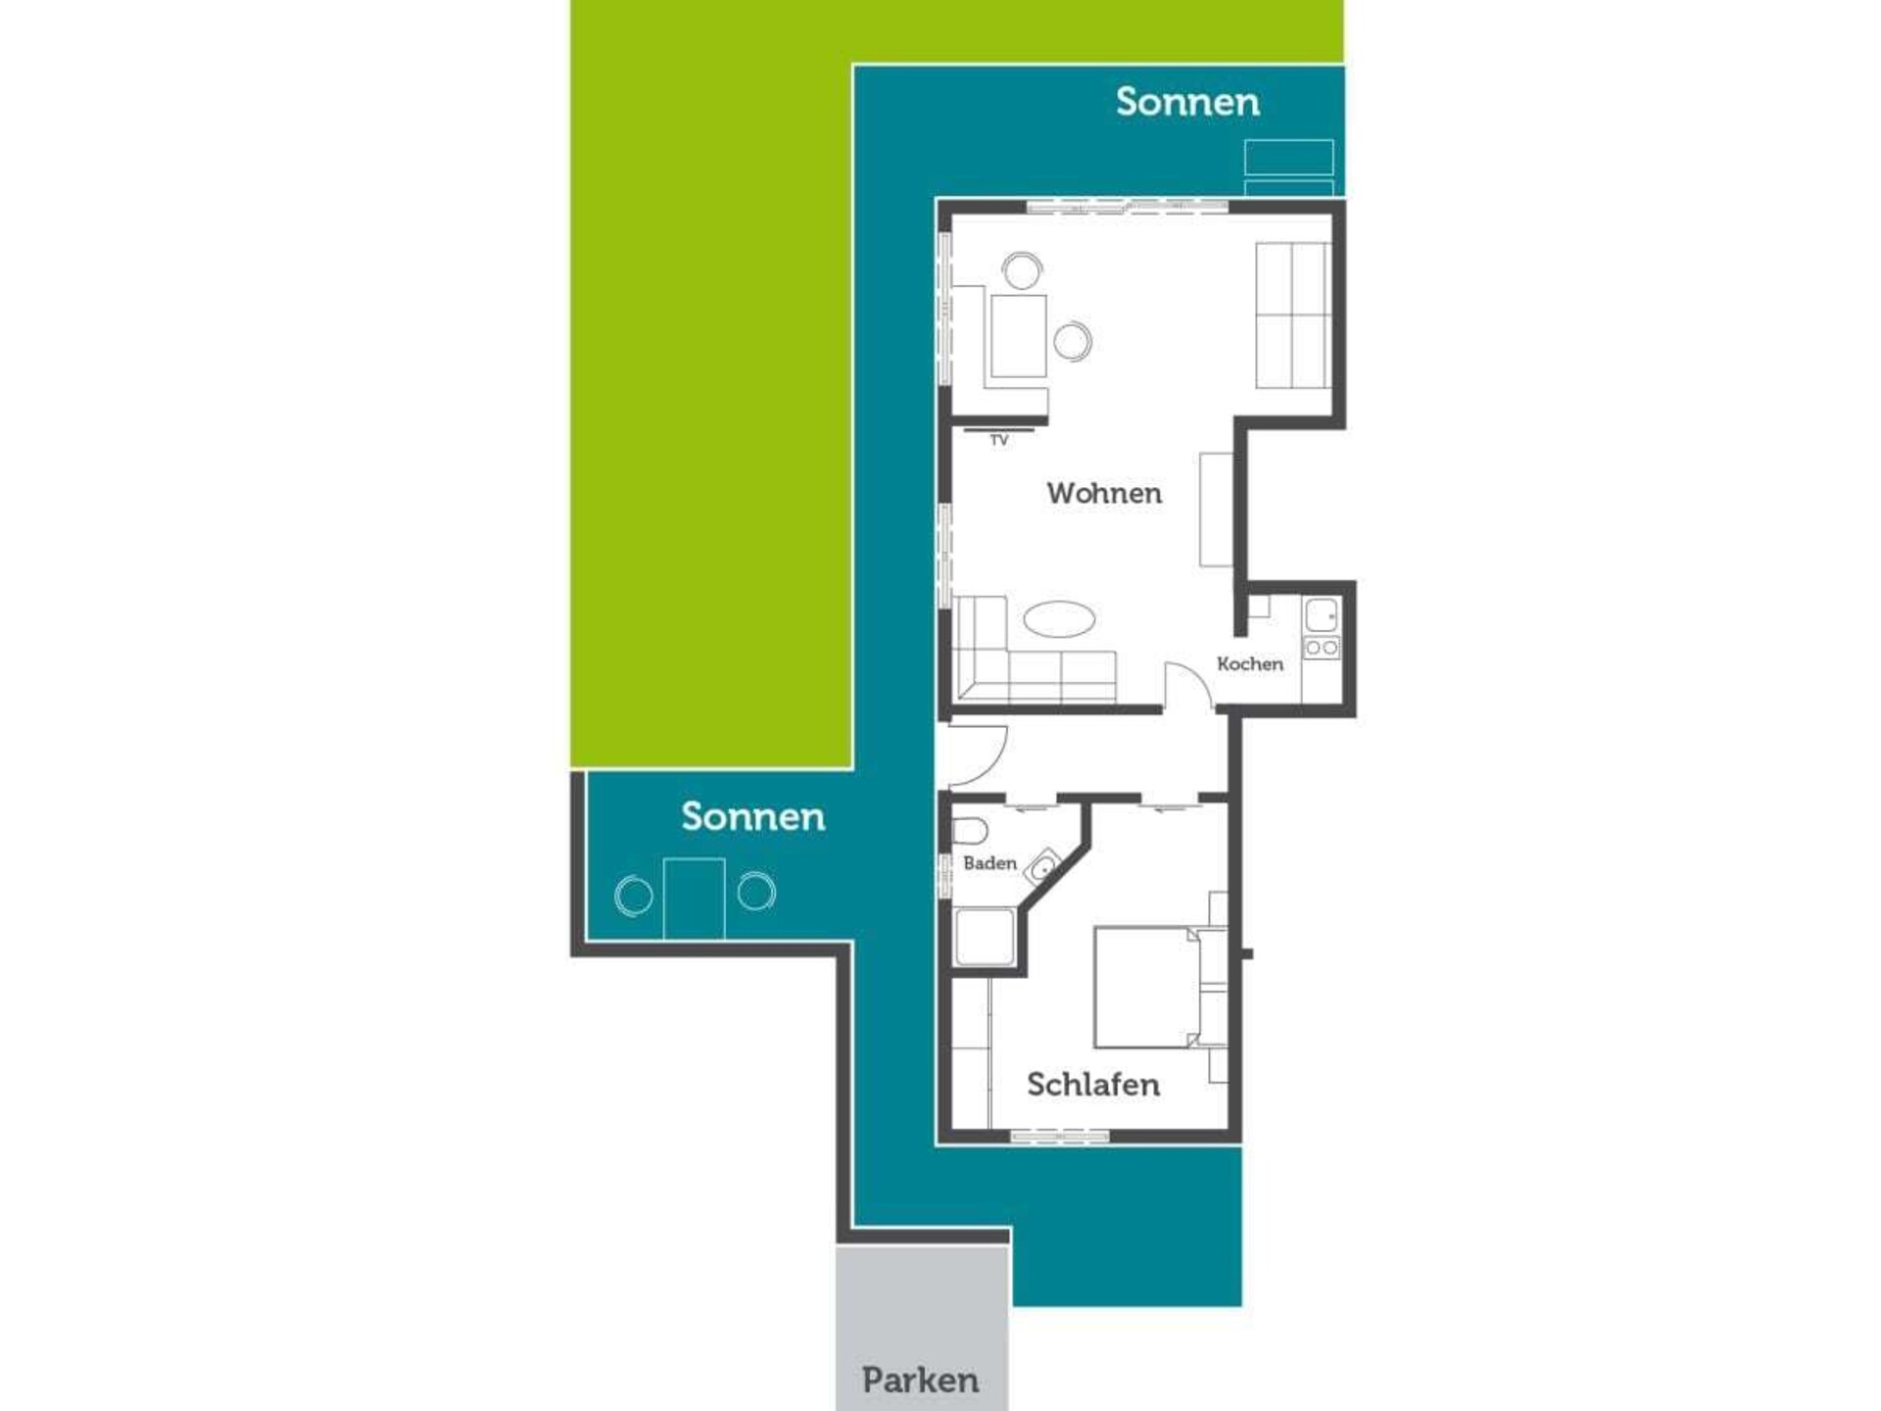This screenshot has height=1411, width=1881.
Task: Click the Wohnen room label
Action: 1104,493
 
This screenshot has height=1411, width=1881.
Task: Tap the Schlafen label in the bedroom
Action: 1093,1085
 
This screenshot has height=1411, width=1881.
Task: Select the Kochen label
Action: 1250,663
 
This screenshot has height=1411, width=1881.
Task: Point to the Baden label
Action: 989,863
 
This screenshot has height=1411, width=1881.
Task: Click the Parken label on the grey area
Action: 921,1381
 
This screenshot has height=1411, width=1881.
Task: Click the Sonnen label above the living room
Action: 1187,102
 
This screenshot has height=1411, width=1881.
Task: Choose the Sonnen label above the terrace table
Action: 752,817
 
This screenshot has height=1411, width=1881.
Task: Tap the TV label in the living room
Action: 999,441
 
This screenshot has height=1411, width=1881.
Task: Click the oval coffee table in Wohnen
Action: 1059,619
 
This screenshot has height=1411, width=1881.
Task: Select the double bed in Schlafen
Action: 1146,987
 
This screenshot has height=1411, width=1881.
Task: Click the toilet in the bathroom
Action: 969,831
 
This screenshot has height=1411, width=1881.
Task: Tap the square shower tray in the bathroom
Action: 986,938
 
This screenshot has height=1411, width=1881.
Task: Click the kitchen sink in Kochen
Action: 1322,615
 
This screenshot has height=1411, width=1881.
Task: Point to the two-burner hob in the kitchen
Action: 1322,647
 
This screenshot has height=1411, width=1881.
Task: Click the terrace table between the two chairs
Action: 694,899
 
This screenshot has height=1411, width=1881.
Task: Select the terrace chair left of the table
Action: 634,896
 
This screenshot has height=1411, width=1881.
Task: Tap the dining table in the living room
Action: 1018,336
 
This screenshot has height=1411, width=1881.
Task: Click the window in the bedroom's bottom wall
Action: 1060,1137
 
